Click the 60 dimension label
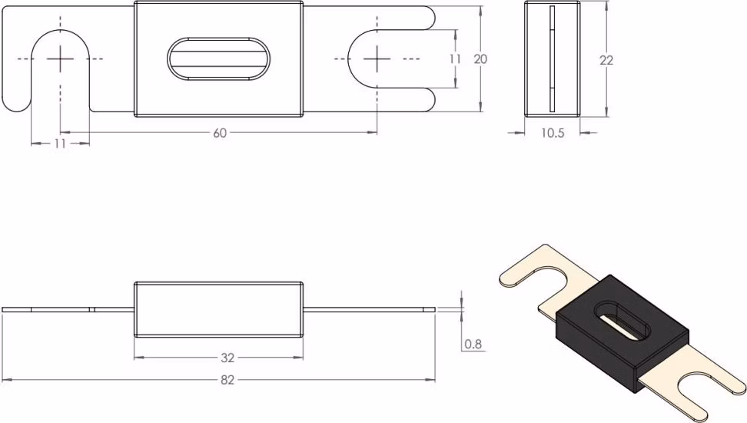(x=220, y=133)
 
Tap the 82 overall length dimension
(x=227, y=380)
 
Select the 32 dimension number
(x=227, y=358)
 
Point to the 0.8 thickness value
(x=473, y=344)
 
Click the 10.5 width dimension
(x=553, y=133)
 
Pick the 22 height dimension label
(x=606, y=60)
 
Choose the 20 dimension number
(x=480, y=59)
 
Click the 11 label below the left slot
(x=60, y=143)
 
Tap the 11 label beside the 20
(x=456, y=58)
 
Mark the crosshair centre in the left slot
(x=61, y=59)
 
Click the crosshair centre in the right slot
(x=377, y=59)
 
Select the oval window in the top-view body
(x=219, y=58)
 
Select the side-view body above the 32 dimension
(x=219, y=309)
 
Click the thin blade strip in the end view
(x=552, y=59)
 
